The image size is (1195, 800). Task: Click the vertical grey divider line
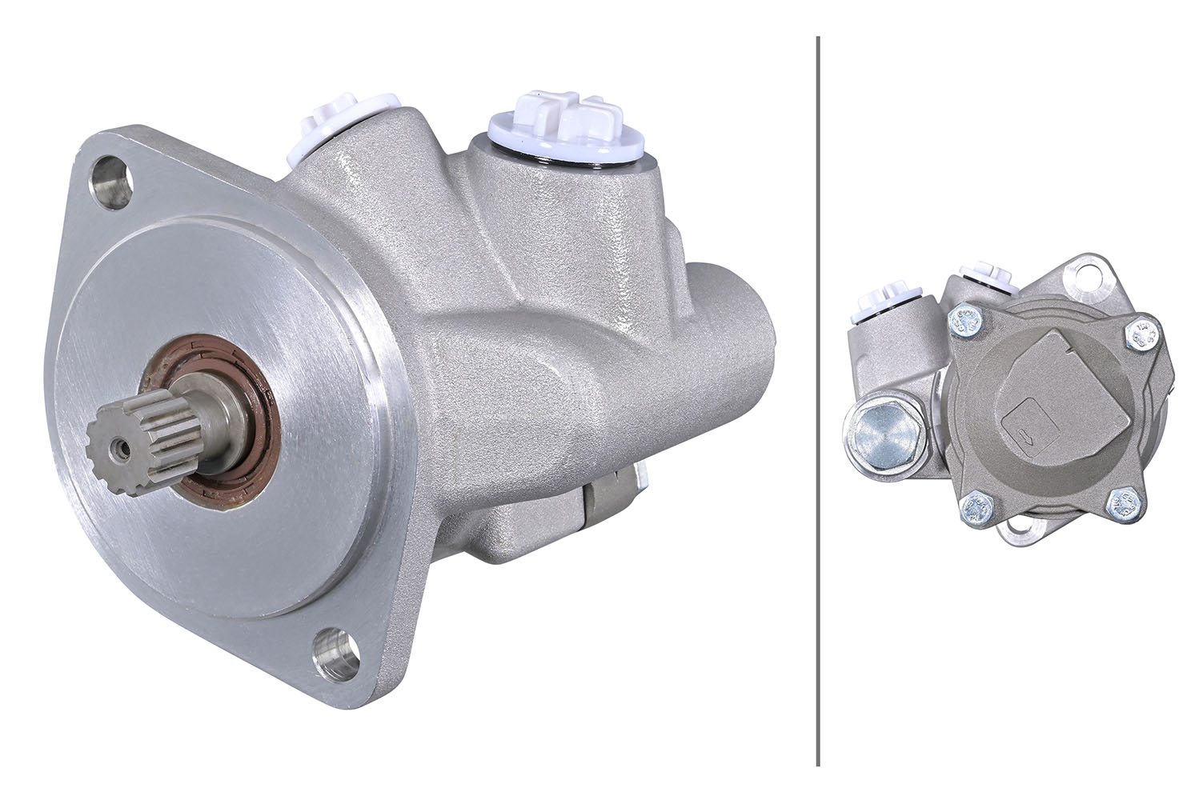pos(817,400)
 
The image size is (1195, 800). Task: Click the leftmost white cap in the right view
pos(875,307)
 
